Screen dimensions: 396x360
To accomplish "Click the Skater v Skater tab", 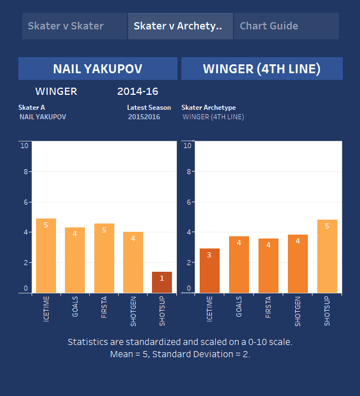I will pyautogui.click(x=65, y=26).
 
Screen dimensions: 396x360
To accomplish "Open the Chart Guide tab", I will pyautogui.click(x=269, y=26).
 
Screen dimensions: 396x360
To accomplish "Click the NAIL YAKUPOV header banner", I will pyautogui.click(x=98, y=69).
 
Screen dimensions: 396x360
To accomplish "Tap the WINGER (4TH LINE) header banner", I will pyautogui.click(x=262, y=69).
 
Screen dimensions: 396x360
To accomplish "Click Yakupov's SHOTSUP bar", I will pyautogui.click(x=162, y=282).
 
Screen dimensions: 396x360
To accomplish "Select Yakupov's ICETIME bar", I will pyautogui.click(x=46, y=256).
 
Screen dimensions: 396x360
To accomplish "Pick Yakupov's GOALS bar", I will pyautogui.click(x=75, y=260).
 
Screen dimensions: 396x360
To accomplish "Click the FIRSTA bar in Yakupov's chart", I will pyautogui.click(x=104, y=258).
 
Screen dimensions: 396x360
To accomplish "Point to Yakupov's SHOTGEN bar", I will pyautogui.click(x=133, y=262).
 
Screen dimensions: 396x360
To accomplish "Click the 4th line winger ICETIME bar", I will pyautogui.click(x=209, y=271).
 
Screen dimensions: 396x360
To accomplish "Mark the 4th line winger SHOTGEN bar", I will pyautogui.click(x=298, y=263).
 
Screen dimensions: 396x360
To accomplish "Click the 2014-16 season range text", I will pyautogui.click(x=138, y=92).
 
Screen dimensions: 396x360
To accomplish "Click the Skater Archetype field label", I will pyautogui.click(x=209, y=108).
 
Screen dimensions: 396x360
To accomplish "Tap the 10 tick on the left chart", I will pyautogui.click(x=24, y=146).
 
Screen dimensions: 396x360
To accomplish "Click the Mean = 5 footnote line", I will pyautogui.click(x=180, y=354).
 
